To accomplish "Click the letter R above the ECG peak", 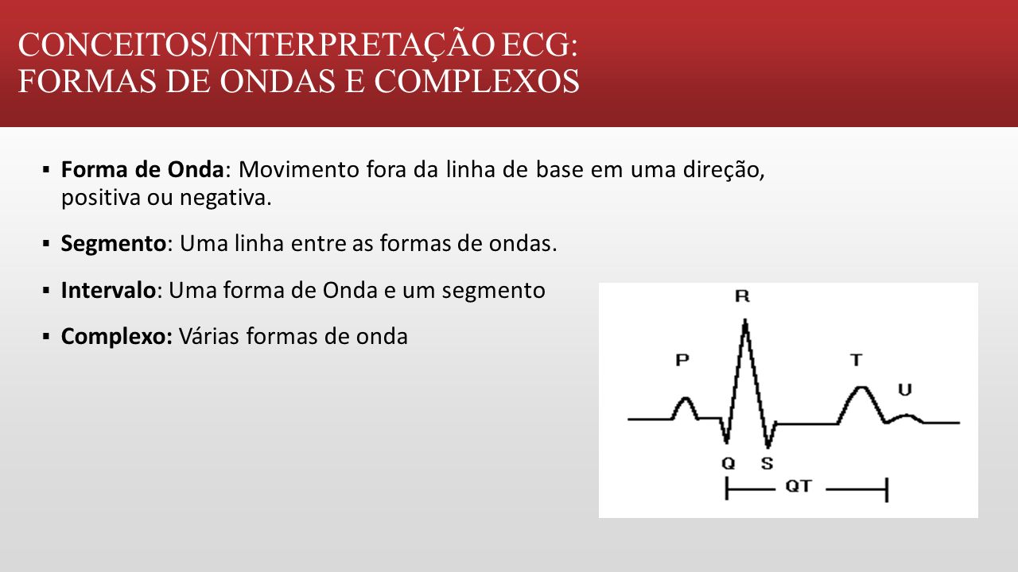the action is [742, 296].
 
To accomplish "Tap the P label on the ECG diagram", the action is [682, 360].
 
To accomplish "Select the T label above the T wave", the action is [857, 360].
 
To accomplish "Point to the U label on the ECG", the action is [905, 390].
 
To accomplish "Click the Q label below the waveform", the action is [729, 463].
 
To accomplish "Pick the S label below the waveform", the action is [767, 463].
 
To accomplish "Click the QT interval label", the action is [798, 486].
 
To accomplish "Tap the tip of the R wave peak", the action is [745, 320].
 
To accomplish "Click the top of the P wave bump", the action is [686, 399].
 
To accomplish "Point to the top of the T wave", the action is [862, 387].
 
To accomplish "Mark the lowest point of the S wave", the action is [768, 446].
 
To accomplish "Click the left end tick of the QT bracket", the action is [727, 489].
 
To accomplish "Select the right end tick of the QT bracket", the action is [887, 490].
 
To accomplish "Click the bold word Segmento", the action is [114, 243].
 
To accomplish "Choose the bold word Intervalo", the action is [108, 291].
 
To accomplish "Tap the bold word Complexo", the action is [117, 337].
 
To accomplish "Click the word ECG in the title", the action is [539, 44].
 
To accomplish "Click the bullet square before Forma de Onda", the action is [46, 170].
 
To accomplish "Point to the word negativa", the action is [225, 198].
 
